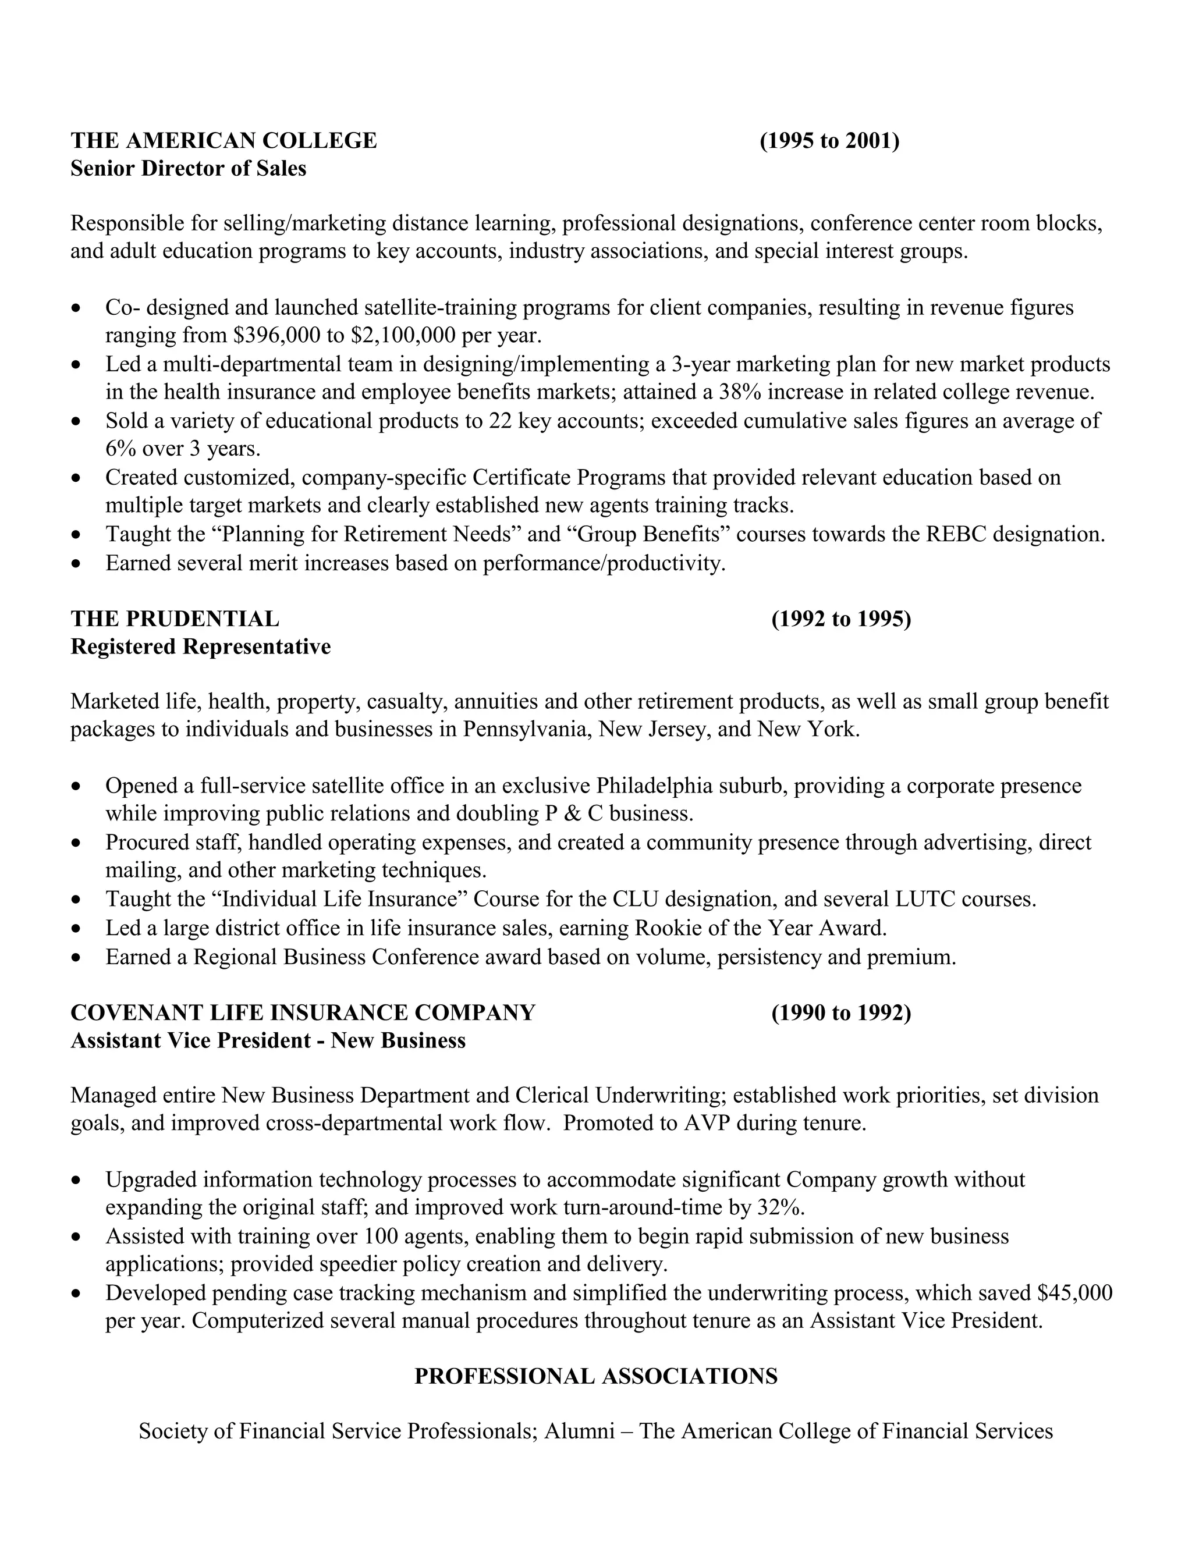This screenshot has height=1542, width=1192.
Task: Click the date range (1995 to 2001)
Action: [829, 141]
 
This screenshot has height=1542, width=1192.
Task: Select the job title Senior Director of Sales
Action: [188, 169]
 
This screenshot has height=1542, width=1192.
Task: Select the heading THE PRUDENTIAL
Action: [175, 619]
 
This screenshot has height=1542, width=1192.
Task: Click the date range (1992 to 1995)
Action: [840, 619]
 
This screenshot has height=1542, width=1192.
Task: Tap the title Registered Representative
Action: [201, 646]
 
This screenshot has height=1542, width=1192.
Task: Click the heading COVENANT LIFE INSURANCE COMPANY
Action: [303, 1012]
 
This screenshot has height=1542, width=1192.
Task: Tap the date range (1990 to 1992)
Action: [840, 1013]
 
